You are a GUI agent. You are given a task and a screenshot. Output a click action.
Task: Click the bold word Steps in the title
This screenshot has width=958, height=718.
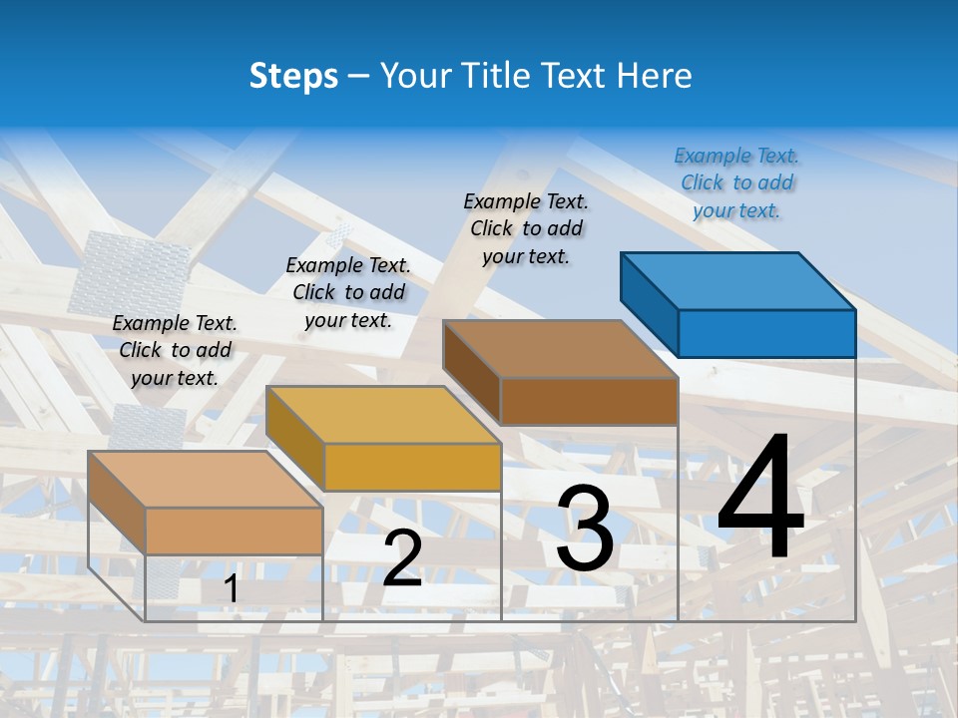pos(293,76)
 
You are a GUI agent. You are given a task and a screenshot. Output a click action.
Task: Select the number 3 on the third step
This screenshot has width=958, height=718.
pos(585,529)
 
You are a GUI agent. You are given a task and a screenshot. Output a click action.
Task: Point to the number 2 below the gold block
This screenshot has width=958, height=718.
pos(402,558)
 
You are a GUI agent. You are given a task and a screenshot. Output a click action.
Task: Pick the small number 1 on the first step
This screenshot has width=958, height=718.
pos(231,589)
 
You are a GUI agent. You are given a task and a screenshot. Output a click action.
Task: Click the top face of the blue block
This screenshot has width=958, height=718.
pos(738,280)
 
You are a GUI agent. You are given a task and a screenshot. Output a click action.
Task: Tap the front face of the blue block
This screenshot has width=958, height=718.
pos(766,333)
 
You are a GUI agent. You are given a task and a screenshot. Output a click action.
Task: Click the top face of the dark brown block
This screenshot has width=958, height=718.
pos(560,349)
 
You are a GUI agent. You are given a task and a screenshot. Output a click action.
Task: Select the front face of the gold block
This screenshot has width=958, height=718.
pos(412,467)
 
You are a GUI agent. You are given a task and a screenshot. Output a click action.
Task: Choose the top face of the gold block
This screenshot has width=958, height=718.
pos(382,414)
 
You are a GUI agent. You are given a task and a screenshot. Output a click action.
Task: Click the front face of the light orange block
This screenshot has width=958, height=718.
pos(234,531)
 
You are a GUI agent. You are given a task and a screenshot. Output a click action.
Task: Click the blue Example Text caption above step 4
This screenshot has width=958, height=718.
pos(736,182)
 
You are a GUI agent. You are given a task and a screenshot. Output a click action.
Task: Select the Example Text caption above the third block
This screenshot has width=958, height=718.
pos(526,228)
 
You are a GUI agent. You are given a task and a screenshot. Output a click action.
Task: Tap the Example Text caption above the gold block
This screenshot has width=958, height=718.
pos(348,292)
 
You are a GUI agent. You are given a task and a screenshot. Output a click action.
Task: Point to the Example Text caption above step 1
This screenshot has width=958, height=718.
pos(175,350)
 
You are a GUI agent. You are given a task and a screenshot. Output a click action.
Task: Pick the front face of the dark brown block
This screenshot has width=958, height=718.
pos(589,401)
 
